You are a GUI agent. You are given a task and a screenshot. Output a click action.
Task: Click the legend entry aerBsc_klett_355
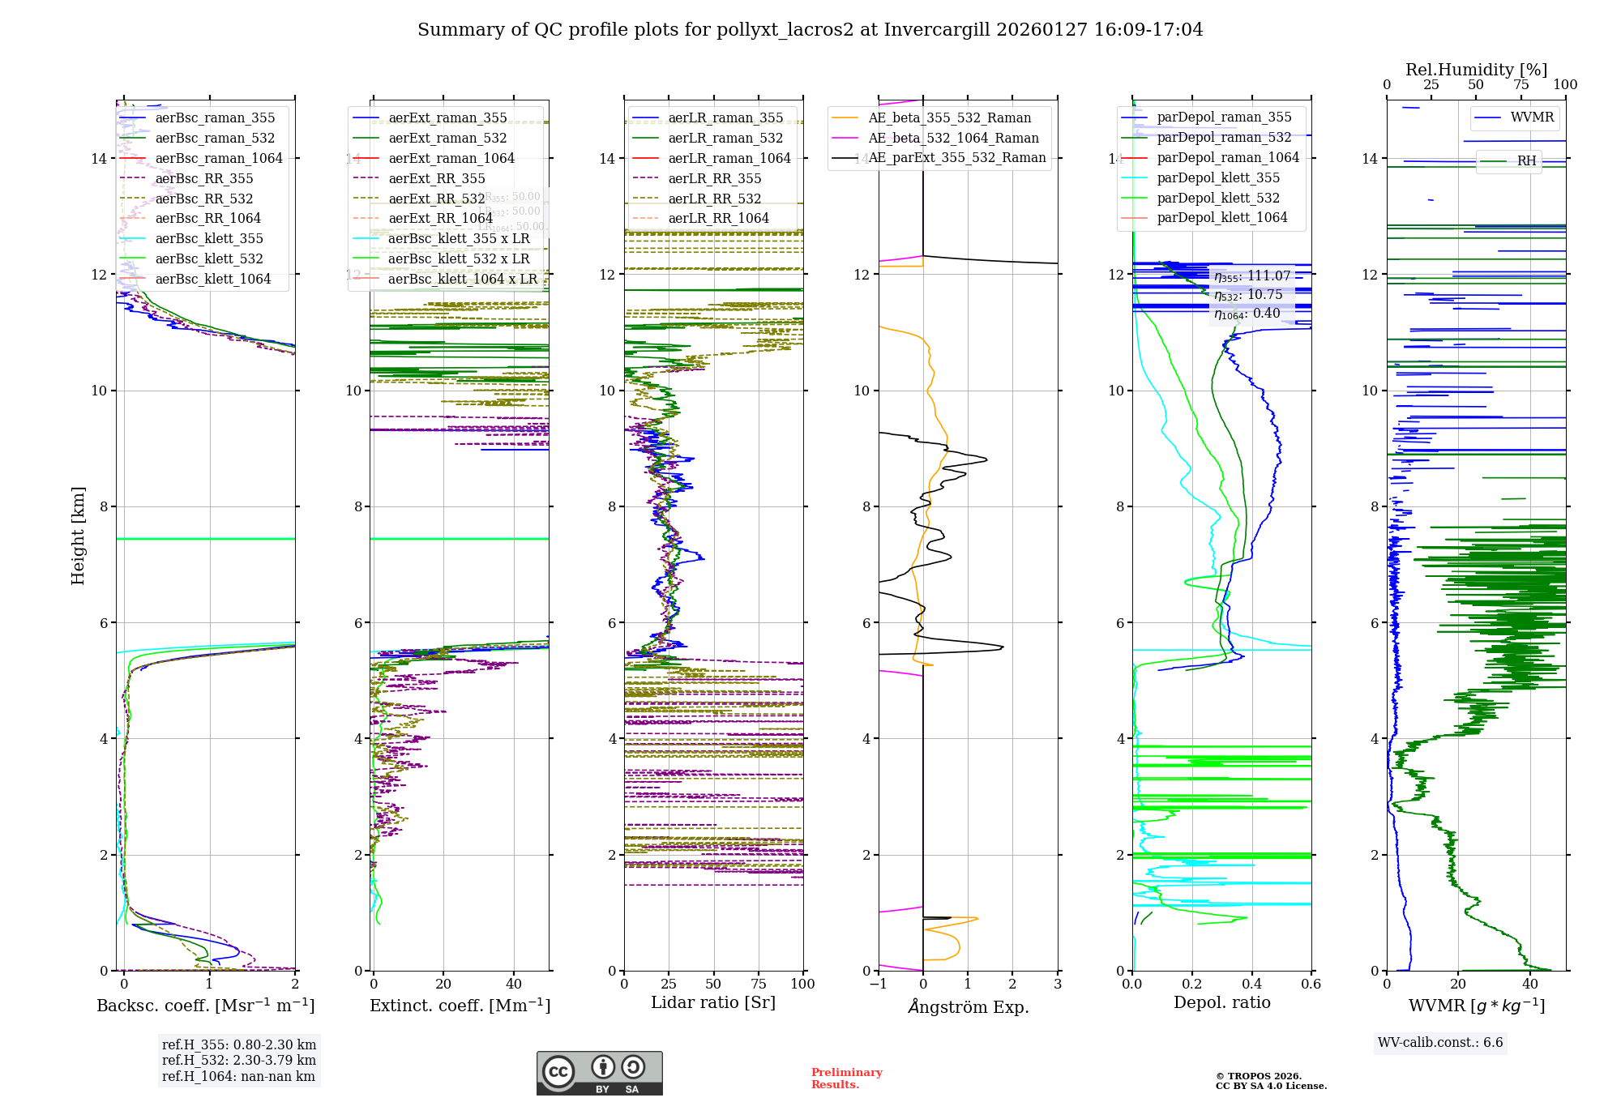(x=209, y=238)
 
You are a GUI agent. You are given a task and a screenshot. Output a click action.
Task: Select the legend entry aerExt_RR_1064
(x=440, y=218)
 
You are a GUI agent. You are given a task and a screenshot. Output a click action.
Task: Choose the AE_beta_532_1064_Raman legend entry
(x=953, y=138)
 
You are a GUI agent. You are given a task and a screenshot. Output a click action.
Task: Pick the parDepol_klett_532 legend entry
(x=1218, y=198)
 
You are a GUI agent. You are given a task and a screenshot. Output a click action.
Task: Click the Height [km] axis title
(x=78, y=536)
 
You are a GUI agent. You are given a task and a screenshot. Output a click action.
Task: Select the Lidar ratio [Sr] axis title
(x=713, y=1002)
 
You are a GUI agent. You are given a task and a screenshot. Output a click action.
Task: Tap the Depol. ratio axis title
(x=1221, y=1002)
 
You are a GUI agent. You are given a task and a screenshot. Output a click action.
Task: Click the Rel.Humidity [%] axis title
(x=1476, y=70)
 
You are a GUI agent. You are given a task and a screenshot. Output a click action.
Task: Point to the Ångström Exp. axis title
(x=968, y=1006)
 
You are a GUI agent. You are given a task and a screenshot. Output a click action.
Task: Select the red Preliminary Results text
(x=846, y=1078)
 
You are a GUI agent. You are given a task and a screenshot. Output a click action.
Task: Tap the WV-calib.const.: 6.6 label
(x=1440, y=1043)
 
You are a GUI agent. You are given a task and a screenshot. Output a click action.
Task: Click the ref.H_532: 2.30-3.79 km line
(x=239, y=1060)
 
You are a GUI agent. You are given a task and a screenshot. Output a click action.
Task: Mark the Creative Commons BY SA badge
(x=599, y=1073)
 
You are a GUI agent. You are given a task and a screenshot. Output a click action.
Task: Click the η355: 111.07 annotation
(x=1251, y=276)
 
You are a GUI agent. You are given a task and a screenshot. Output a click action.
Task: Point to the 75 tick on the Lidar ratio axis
(x=759, y=984)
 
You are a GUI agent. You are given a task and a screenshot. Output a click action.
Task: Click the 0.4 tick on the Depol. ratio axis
(x=1251, y=984)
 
